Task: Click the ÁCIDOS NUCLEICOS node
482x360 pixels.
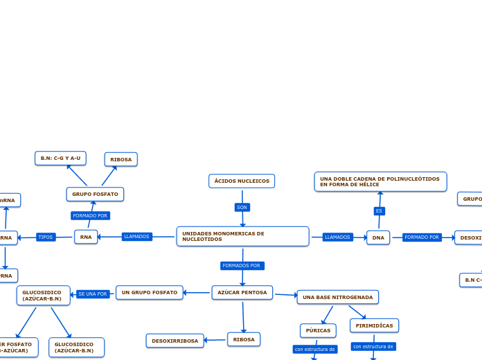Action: coord(242,181)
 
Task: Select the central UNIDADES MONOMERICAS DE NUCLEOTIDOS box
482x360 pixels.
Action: coord(242,236)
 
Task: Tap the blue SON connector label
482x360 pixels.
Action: coord(242,207)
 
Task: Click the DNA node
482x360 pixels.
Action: coord(378,237)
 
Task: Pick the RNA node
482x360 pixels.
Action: coord(86,237)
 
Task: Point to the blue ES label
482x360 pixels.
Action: coord(379,210)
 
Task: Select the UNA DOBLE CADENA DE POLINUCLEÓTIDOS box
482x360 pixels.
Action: coord(380,181)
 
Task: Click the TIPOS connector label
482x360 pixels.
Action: coord(46,237)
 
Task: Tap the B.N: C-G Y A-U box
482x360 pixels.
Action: coord(60,159)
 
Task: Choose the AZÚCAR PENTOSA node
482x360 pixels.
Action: coord(242,293)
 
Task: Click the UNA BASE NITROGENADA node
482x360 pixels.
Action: coord(338,297)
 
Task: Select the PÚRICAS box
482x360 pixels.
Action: coord(318,330)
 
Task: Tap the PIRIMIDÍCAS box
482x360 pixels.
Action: coord(374,325)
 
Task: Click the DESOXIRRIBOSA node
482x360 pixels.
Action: coord(175,341)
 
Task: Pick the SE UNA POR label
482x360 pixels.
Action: coord(93,294)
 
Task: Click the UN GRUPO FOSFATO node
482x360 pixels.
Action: coord(150,293)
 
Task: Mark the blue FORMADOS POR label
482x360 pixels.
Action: coord(242,266)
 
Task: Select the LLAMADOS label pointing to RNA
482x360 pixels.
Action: coord(136,237)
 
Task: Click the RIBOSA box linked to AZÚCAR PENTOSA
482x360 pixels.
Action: coord(243,339)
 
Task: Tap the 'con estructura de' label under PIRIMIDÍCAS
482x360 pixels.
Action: coord(373,346)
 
